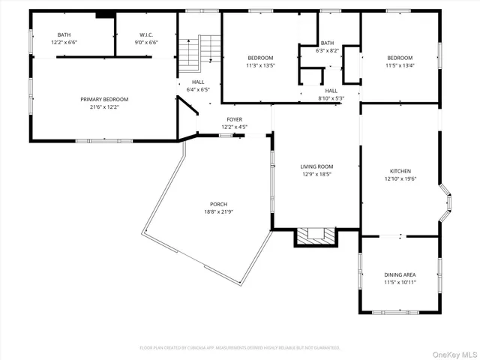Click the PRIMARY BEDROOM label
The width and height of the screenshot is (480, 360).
coord(104,99)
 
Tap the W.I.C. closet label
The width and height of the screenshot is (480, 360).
coord(146,34)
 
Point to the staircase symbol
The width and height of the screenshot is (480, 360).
coord(199,52)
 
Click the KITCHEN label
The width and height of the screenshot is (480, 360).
coord(400,171)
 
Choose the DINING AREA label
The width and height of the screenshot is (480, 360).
coord(400,274)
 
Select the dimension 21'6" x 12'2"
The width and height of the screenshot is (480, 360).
coord(104,106)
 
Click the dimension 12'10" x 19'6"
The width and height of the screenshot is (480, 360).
coord(400,178)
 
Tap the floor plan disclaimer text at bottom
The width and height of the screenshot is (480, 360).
coord(240,347)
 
